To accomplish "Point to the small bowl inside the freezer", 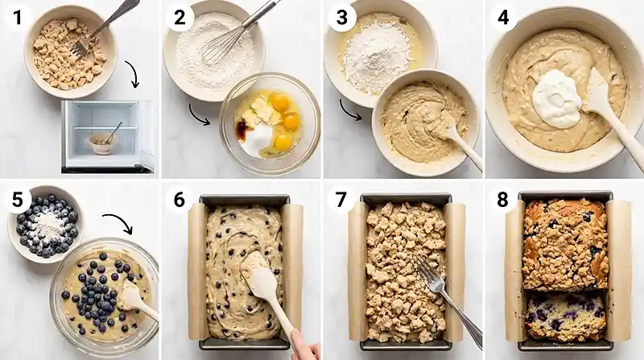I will [x=103, y=142].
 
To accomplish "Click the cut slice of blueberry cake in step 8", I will [x=565, y=315].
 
